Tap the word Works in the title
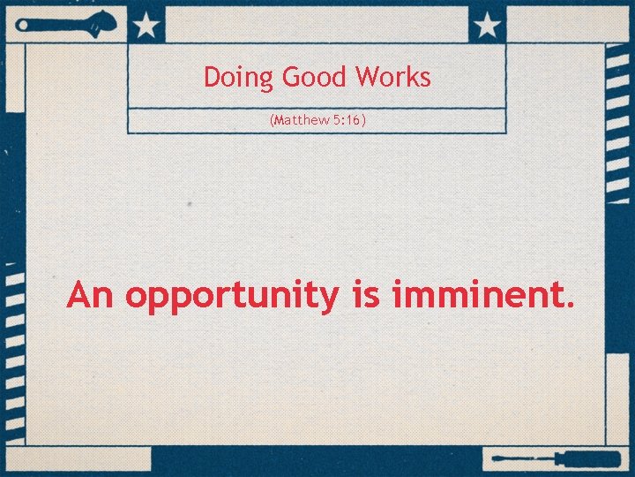click(393, 77)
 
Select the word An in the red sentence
click(90, 295)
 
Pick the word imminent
click(475, 295)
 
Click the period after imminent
click(568, 306)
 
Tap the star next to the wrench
click(146, 25)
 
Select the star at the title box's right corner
click(487, 25)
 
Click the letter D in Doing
click(212, 77)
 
